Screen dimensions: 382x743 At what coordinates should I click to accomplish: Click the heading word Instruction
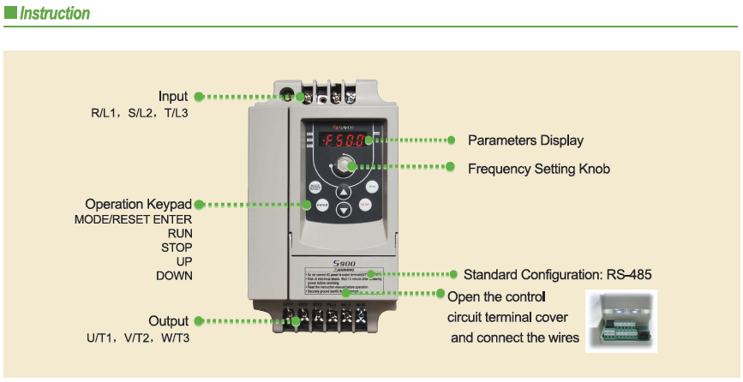[55, 14]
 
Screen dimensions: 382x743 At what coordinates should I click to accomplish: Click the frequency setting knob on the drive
[345, 165]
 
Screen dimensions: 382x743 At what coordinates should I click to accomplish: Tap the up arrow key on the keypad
[344, 192]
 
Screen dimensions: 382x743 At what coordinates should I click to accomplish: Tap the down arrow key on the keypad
[344, 210]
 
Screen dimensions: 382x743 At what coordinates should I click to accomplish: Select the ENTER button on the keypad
[322, 205]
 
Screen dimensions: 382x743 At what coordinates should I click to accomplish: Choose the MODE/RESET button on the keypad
[315, 186]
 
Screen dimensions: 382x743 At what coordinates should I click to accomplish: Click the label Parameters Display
[525, 140]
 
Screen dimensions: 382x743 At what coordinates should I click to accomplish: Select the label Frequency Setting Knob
[538, 169]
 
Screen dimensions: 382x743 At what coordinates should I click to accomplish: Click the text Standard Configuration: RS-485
[557, 275]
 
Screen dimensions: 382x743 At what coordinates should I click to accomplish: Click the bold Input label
[173, 96]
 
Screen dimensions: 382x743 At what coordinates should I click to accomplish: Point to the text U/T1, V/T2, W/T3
[138, 338]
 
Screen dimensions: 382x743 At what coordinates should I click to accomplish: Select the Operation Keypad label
[139, 205]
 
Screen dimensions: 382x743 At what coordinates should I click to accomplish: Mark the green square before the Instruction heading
[10, 13]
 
